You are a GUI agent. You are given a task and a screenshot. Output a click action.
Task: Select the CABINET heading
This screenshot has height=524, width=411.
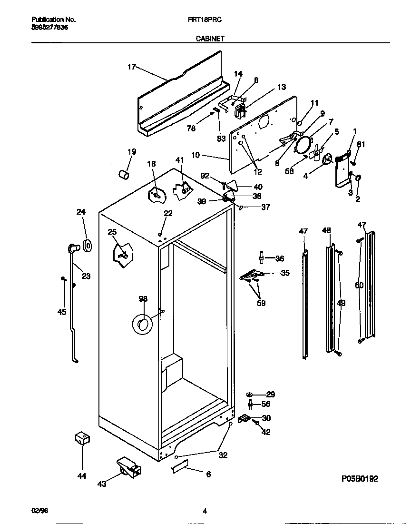[210, 40]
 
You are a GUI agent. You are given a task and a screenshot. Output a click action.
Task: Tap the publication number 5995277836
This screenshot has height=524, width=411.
[49, 28]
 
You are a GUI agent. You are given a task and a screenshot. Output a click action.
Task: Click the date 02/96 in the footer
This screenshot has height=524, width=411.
[39, 511]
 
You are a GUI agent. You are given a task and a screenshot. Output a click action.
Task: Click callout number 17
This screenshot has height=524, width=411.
[132, 67]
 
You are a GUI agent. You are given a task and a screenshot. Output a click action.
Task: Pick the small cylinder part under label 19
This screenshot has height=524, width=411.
[124, 175]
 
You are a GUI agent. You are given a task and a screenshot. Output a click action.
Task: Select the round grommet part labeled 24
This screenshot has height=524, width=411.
[88, 246]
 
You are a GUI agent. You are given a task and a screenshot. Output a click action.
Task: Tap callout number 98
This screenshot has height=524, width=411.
[143, 299]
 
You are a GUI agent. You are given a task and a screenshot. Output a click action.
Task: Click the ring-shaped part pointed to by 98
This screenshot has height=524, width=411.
[142, 325]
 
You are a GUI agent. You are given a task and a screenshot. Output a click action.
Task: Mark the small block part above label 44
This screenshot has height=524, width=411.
[82, 439]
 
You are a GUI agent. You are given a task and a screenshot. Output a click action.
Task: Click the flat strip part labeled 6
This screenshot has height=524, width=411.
[180, 468]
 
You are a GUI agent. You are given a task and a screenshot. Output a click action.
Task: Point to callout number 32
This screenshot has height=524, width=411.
[223, 455]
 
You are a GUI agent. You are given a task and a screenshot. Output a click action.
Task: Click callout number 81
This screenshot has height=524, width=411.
[362, 145]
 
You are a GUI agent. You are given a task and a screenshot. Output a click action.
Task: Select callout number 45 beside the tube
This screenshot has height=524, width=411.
[61, 312]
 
